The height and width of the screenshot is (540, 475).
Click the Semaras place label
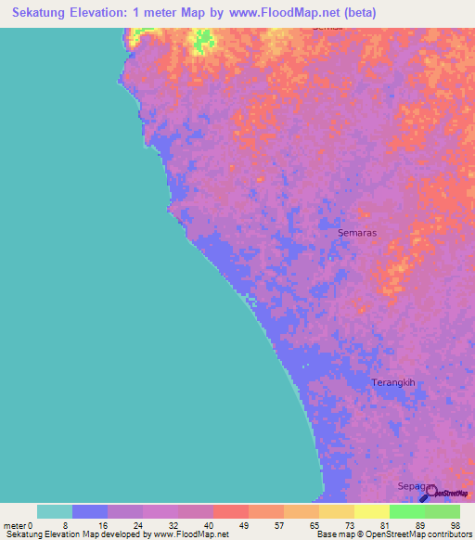358,233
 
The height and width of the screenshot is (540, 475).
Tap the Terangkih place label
391,382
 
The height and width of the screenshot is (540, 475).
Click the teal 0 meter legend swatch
55,511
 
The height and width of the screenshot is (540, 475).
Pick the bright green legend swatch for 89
407,511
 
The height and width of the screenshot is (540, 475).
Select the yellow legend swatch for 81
372,511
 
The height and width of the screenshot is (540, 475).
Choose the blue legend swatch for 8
90,511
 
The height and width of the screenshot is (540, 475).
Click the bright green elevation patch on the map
202,40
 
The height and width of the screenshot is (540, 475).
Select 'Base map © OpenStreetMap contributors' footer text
392,534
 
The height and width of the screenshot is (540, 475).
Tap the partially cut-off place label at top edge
327,30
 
